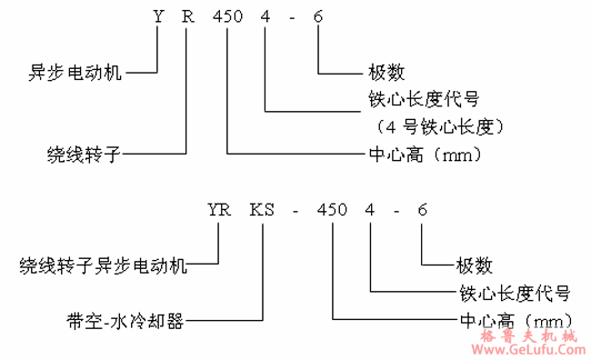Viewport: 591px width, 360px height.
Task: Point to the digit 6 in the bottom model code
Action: [422, 211]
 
